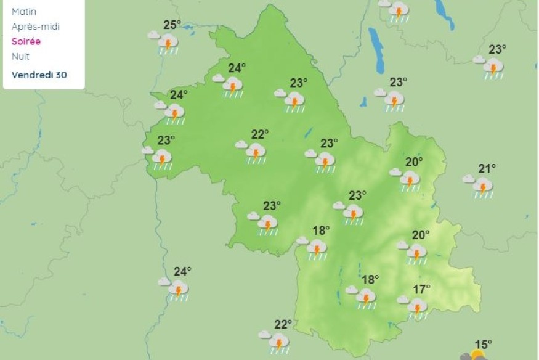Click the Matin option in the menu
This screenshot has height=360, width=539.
click(x=23, y=12)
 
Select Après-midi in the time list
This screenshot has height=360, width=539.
click(x=36, y=27)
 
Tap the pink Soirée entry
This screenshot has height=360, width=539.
click(x=26, y=41)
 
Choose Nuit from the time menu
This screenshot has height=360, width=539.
click(x=20, y=56)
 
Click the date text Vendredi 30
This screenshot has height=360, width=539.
click(x=39, y=75)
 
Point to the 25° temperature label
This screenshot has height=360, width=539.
click(x=172, y=25)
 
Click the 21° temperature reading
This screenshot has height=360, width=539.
click(x=487, y=168)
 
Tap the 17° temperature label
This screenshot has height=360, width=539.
click(x=422, y=289)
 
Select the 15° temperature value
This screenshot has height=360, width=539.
click(x=484, y=345)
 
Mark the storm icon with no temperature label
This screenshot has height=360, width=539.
click(x=398, y=10)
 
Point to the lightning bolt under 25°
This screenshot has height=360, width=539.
click(x=167, y=44)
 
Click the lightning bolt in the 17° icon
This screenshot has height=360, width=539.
click(x=417, y=308)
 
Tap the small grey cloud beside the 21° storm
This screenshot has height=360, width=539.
click(x=469, y=179)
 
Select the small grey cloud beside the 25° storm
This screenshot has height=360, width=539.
click(x=153, y=35)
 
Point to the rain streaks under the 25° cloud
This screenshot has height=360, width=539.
click(x=168, y=52)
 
